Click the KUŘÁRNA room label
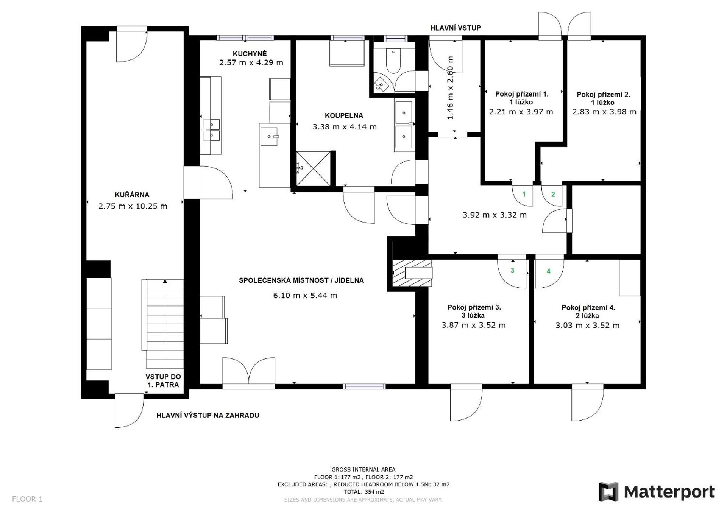click(x=132, y=195)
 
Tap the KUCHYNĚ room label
click(x=250, y=54)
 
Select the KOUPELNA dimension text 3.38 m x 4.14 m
click(x=345, y=127)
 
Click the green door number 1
click(x=524, y=194)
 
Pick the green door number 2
click(x=553, y=194)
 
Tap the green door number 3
click(x=512, y=270)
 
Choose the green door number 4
click(x=548, y=271)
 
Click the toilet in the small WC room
click(x=393, y=61)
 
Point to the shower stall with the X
click(x=313, y=168)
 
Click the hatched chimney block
click(x=412, y=273)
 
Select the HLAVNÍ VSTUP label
click(x=456, y=28)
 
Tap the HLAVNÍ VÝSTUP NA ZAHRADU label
click(x=208, y=415)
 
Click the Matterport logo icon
click(x=608, y=492)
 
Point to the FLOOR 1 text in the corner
click(x=27, y=499)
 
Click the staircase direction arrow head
click(x=165, y=281)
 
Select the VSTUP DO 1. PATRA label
click(x=163, y=381)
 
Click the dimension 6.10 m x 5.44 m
click(x=305, y=295)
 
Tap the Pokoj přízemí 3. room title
click(x=474, y=307)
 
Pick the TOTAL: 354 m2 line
click(x=363, y=492)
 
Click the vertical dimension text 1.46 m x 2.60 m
click(x=450, y=88)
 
